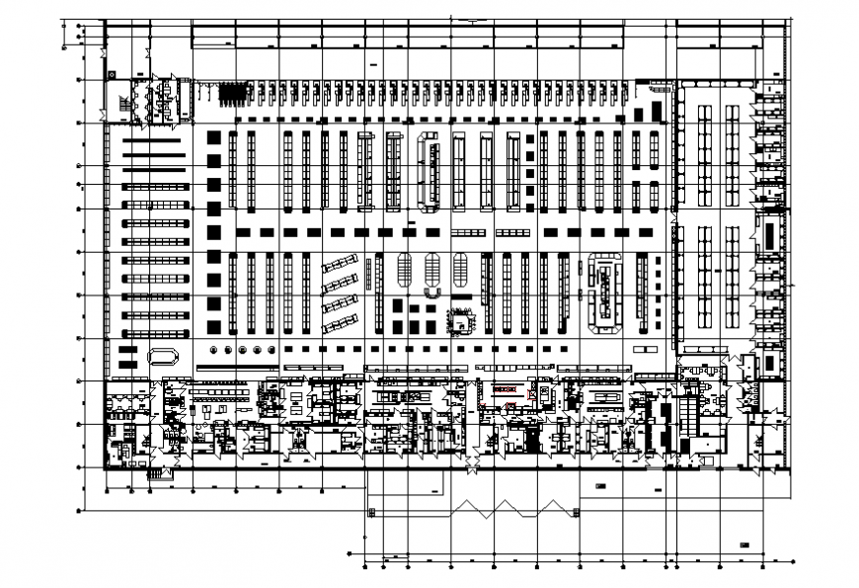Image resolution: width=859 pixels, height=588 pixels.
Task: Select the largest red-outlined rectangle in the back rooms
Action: [x=505, y=390]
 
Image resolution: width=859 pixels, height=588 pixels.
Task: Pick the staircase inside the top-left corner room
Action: [x=124, y=103]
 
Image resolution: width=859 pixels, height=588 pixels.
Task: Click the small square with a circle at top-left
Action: [x=113, y=74]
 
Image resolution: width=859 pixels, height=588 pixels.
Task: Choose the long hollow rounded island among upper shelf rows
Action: [x=430, y=170]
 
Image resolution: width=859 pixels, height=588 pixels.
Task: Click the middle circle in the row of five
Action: [x=244, y=349]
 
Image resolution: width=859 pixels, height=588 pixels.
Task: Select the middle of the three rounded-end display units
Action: [x=432, y=276]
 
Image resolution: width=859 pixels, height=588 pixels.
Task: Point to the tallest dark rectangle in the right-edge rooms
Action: [x=766, y=235]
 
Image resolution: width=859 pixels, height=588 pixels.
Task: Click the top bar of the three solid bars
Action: [x=155, y=141]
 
